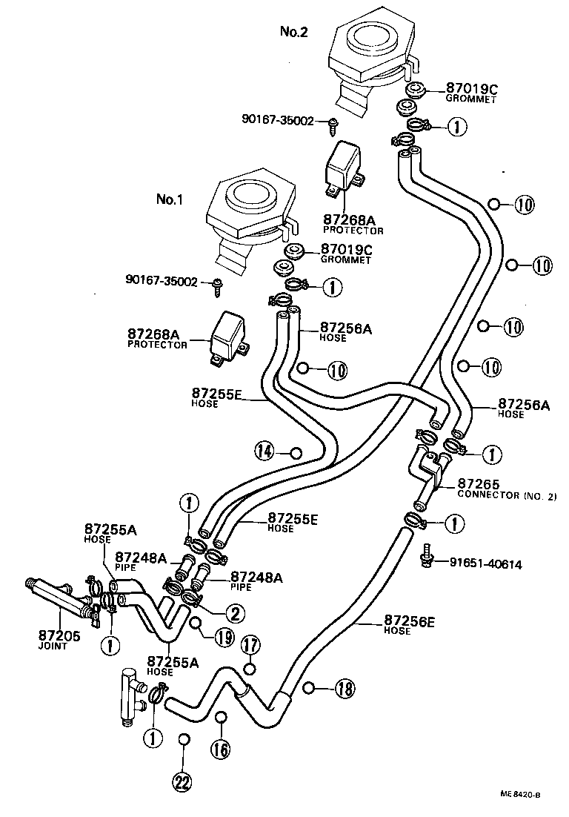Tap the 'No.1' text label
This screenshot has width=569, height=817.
[x=170, y=199]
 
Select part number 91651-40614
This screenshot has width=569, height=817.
[x=485, y=564]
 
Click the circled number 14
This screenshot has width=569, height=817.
[x=264, y=449]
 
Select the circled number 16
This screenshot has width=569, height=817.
[x=221, y=749]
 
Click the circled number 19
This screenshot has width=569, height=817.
[x=224, y=635]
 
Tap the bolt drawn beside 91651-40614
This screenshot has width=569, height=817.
[x=427, y=557]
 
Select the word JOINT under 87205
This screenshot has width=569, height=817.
[x=53, y=646]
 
